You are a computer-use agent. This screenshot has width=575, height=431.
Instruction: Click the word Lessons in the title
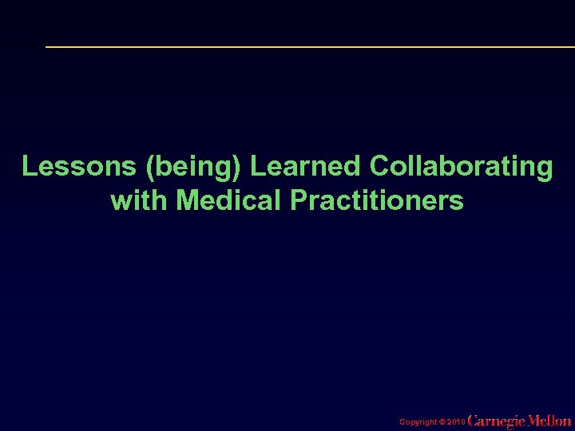click(69, 167)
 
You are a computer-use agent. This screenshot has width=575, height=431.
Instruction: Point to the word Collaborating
click(461, 168)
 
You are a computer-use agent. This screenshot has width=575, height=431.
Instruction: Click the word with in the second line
click(140, 200)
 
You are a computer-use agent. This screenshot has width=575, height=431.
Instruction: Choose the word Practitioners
click(377, 200)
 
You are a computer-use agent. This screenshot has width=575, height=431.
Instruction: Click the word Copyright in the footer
click(418, 421)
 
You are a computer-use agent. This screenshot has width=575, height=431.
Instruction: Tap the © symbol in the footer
click(442, 421)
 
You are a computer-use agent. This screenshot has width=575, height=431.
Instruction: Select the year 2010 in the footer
click(454, 421)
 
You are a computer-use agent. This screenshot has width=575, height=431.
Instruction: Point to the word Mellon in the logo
click(550, 420)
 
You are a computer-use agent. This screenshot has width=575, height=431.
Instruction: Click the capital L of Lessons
click(29, 167)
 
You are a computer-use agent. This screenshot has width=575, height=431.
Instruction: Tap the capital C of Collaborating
click(379, 167)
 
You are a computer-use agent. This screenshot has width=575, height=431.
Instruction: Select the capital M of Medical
click(187, 200)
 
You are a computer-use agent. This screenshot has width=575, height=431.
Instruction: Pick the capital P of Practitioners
click(299, 200)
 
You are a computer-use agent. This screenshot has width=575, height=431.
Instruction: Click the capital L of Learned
click(257, 167)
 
